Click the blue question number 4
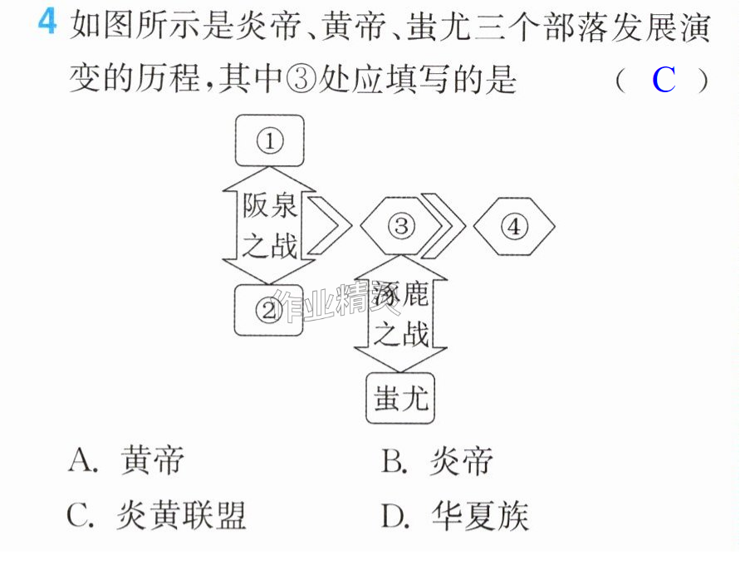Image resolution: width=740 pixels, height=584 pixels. pos(47,22)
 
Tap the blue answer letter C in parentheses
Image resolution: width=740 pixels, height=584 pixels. pos(664,80)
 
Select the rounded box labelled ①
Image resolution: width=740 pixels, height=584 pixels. pos(269,140)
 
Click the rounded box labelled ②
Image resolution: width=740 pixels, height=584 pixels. pos(269,311)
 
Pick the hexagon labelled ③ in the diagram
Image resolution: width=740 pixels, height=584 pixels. pos(400,226)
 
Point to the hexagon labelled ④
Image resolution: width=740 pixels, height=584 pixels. pos(514,226)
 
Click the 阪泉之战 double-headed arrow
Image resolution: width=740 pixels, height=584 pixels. pos(269,226)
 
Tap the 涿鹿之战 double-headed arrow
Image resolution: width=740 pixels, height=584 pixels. pos(400,314)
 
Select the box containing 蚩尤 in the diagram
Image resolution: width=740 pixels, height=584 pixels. pos(400,398)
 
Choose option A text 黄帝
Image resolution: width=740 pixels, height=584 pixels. pos(152,459)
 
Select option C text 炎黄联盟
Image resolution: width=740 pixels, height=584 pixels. pos(181,515)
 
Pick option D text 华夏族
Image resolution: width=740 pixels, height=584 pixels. pos(479,516)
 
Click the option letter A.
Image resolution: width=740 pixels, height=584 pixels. pos(83,460)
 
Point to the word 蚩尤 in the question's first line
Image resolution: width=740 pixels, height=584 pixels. pos(438,26)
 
